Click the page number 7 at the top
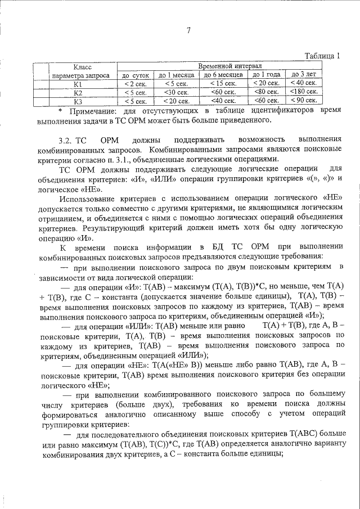189,30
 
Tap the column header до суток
135,75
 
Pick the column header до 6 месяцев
223,75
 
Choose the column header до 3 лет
303,74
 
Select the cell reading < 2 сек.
135,84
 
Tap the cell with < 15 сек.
223,83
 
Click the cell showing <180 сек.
303,92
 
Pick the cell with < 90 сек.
303,101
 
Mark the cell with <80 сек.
266,92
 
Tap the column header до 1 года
266,74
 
